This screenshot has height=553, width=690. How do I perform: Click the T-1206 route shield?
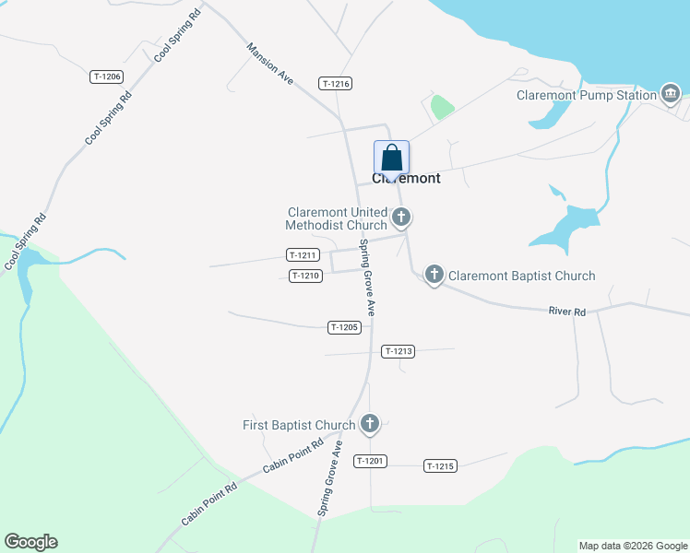(x=107, y=77)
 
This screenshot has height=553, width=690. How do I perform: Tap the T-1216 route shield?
(x=336, y=84)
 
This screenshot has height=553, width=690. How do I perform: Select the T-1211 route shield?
(x=303, y=255)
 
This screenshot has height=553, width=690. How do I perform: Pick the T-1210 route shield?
(x=305, y=276)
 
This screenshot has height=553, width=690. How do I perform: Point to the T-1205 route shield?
(x=343, y=327)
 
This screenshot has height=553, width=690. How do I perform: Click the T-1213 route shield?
(x=398, y=351)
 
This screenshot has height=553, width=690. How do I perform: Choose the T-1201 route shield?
(x=370, y=461)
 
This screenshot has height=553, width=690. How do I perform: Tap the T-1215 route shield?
(x=440, y=466)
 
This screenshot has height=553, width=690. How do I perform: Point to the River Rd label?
(x=567, y=312)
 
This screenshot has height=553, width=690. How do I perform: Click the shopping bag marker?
(x=391, y=158)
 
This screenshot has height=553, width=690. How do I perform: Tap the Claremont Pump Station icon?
(x=671, y=93)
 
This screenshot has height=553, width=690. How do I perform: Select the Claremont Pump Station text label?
(x=587, y=94)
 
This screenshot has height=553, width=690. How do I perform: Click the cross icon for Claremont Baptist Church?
(x=434, y=275)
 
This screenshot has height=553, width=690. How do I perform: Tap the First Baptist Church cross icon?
(x=369, y=424)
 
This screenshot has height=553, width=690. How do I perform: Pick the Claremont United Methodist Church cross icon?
(x=400, y=218)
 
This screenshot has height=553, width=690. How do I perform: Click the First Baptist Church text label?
(x=298, y=425)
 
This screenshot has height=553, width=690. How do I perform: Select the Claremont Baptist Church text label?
(x=521, y=276)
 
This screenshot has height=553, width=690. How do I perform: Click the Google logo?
(x=30, y=542)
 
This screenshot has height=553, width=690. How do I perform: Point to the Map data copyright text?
(x=632, y=546)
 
